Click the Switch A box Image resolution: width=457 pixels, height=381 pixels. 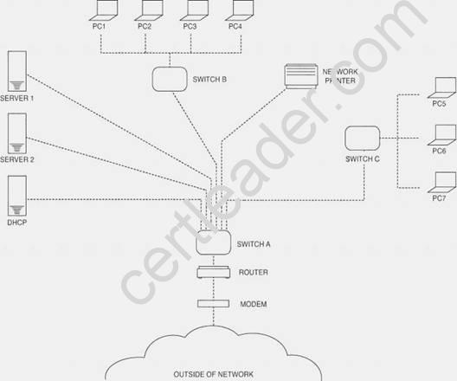coord(214,242)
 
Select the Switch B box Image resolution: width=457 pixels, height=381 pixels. coord(170,79)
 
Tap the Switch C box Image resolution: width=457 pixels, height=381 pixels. coord(363,138)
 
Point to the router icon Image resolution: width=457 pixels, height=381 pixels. coord(214,272)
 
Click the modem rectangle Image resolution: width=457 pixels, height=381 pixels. coord(213,304)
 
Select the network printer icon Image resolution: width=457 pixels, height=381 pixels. coord(301,76)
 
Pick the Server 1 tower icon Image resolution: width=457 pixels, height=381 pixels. coord(17,71)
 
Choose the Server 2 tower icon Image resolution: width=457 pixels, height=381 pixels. coord(17,133)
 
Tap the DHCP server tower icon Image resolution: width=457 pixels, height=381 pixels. coord(17,196)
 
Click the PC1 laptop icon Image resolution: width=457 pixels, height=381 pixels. coord(104,10)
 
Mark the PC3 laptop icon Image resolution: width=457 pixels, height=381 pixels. coord(194,10)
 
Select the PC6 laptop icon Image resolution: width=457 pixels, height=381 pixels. coord(441,135)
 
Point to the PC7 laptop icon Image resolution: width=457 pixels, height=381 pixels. coord(441,183)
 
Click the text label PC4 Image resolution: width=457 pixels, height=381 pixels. coord(235,27)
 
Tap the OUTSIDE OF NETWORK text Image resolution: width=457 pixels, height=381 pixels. coord(213,374)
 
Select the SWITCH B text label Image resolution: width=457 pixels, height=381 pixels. coord(209,80)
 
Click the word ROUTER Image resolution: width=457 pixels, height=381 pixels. coord(254,272)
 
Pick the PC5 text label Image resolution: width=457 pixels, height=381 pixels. coord(439,104)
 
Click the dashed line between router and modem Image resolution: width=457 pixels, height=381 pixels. coord(214,289)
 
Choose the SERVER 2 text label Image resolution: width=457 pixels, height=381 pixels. coord(17,159)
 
